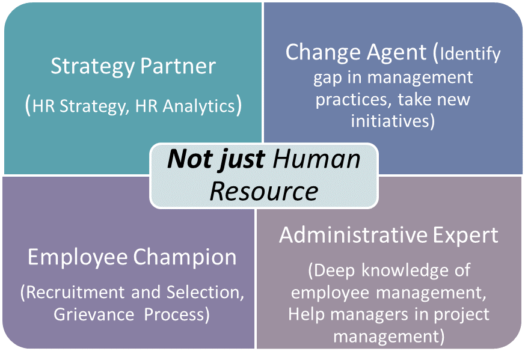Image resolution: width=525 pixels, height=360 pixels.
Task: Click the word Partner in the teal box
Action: pos(178,66)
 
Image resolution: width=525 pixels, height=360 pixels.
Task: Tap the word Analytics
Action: pos(199,106)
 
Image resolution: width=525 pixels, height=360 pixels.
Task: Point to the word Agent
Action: pos(396,52)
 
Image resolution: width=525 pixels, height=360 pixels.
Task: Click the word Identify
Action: pos(470,53)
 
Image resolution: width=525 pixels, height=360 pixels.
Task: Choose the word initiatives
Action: pos(389,120)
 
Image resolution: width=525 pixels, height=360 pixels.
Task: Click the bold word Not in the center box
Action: pos(189,159)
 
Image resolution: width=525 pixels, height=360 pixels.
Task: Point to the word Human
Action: pos(316,159)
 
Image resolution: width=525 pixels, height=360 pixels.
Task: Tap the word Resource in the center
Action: pos(264,191)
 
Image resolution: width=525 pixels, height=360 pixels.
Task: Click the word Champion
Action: pos(185,258)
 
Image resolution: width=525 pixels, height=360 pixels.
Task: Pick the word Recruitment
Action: pos(75,292)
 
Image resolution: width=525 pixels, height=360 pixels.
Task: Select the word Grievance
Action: pos(94,314)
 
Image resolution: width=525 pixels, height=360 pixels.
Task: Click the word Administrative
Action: pos(353,234)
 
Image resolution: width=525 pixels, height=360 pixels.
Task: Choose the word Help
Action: pos(306,315)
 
